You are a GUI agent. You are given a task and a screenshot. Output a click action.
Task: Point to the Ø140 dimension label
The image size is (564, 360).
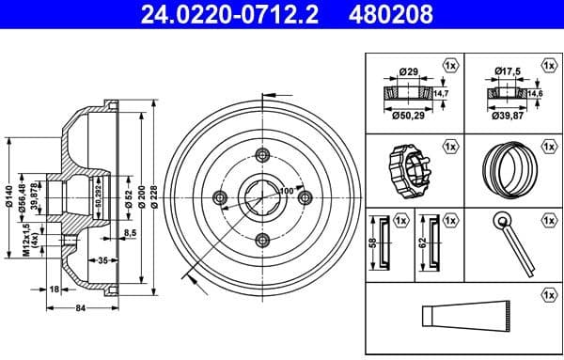coord(8,195)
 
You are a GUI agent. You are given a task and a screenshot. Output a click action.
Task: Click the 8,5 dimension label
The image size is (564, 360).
coord(130,231)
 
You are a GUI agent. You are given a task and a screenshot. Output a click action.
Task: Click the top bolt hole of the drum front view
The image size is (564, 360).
coord(262,156)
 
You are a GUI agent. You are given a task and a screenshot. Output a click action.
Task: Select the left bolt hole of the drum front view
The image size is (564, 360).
coord(221,196)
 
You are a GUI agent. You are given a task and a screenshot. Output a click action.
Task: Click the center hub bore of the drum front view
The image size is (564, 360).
coord(262,196)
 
